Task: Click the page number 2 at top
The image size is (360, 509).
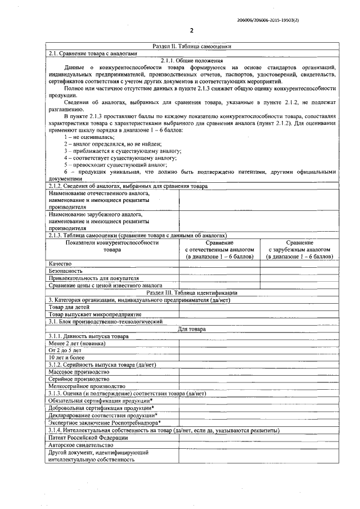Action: [192, 31]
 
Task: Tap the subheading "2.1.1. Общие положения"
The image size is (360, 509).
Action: [192, 60]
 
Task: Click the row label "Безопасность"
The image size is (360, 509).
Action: [66, 271]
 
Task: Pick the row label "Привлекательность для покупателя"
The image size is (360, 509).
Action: [93, 278]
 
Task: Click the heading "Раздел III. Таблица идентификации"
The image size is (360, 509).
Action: [192, 292]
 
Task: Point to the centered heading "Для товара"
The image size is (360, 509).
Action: [192, 329]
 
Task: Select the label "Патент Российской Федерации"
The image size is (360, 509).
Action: [88, 438]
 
